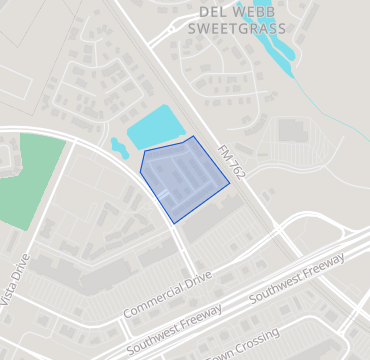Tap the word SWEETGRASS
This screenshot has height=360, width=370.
(x=235, y=29)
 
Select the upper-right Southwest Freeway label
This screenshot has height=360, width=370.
(x=297, y=277)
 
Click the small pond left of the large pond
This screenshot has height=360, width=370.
(x=119, y=149)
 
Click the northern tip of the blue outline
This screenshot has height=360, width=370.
(x=193, y=137)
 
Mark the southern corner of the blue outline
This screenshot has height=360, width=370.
(x=174, y=222)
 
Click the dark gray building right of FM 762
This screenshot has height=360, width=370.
(x=292, y=130)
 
